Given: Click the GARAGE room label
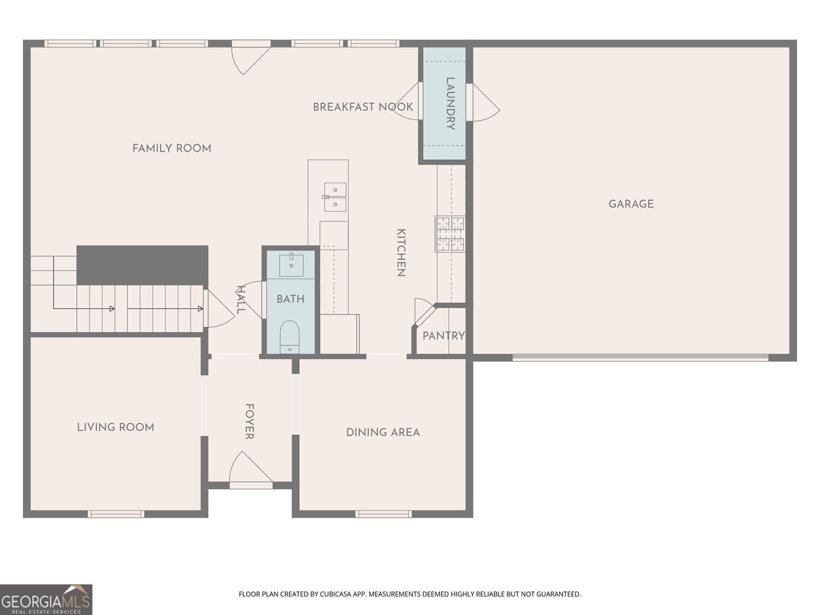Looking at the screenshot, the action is pyautogui.click(x=631, y=204).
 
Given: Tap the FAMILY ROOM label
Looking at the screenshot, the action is pyautogui.click(x=172, y=148).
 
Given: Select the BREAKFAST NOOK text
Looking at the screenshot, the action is pyautogui.click(x=363, y=107).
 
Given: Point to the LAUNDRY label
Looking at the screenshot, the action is pyautogui.click(x=450, y=103).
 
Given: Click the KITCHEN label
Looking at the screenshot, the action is pyautogui.click(x=401, y=253).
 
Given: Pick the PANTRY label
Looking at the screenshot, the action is pyautogui.click(x=443, y=336).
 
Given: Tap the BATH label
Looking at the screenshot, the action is pyautogui.click(x=290, y=299).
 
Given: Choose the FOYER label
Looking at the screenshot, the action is pyautogui.click(x=249, y=421).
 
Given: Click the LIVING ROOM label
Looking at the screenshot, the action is pyautogui.click(x=115, y=427).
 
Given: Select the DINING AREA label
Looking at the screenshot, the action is pyautogui.click(x=383, y=432).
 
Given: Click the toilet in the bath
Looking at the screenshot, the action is pyautogui.click(x=290, y=336).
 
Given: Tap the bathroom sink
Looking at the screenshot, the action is pyautogui.click(x=291, y=265).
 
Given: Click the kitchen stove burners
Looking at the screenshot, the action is pyautogui.click(x=450, y=234).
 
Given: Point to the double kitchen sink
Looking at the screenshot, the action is pyautogui.click(x=335, y=197).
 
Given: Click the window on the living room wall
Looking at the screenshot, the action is pyautogui.click(x=116, y=514).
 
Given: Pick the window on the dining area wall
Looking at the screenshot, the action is pyautogui.click(x=384, y=514).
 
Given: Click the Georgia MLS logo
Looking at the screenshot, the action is pyautogui.click(x=46, y=600).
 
